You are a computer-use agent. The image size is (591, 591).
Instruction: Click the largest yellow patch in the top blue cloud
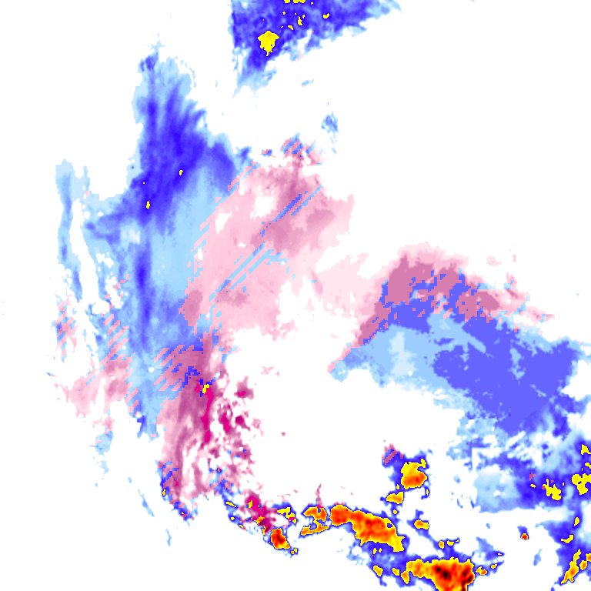pyautogui.click(x=268, y=40)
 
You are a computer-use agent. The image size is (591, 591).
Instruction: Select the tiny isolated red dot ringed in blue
pyautogui.click(x=524, y=536)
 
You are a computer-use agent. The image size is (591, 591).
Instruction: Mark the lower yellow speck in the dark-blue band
pyautogui.click(x=149, y=205)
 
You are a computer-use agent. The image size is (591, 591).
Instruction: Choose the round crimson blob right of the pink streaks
pyautogui.click(x=244, y=393)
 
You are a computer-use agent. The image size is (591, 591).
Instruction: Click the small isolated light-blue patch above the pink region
pyautogui.click(x=330, y=123)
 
